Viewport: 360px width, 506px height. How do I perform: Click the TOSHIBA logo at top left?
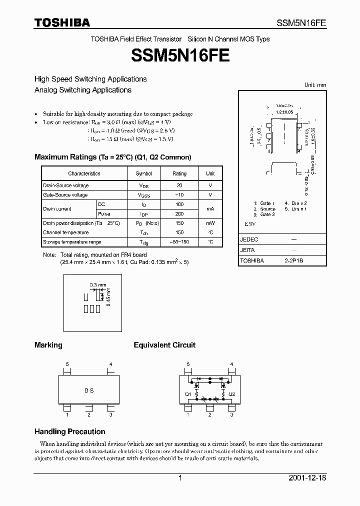coord(62,22)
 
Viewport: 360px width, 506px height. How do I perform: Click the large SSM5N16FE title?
coord(180,55)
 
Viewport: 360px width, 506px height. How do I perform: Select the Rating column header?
coord(179,173)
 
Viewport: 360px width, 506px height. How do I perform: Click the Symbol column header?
coord(143,173)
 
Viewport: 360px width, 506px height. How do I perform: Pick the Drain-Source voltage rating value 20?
coord(179,185)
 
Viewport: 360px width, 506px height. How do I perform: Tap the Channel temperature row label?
coord(65,232)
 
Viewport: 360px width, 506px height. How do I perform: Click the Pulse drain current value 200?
coord(179,213)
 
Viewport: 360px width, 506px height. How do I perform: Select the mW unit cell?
coord(210,223)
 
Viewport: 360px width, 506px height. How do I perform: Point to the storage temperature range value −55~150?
coord(179,242)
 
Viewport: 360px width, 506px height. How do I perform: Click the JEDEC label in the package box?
coord(249,239)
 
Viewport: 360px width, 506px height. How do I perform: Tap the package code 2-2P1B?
coord(294,260)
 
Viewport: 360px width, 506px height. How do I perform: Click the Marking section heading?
coord(48,345)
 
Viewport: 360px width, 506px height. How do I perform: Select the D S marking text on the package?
coord(88,390)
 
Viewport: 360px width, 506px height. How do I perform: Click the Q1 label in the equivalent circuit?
coord(188,394)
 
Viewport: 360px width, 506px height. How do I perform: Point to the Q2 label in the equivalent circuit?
coord(231,394)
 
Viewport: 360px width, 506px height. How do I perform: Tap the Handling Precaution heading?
coord(69,431)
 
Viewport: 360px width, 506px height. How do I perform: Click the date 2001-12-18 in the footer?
coord(307,478)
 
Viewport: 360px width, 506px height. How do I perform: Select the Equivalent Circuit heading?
coord(164,345)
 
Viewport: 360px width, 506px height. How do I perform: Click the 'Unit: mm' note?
coord(315,85)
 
